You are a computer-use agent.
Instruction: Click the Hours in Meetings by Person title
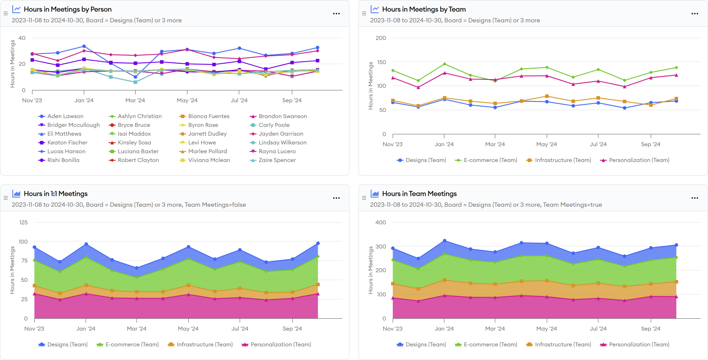pos(68,9)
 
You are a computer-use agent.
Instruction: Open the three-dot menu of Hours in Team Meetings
pos(694,198)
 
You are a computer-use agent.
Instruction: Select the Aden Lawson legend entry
pos(65,116)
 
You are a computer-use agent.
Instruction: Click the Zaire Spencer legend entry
pos(277,160)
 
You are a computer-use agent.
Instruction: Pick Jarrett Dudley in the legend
pos(207,134)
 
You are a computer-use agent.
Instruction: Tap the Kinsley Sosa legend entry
pos(134,143)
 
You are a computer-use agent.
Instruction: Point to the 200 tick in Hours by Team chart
pos(381,38)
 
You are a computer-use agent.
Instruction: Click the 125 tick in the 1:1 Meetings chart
pos(23,223)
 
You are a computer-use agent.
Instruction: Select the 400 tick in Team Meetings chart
pos(381,223)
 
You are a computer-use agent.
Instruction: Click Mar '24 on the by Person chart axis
pos(135,101)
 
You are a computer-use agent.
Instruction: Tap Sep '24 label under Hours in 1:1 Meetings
pos(292,329)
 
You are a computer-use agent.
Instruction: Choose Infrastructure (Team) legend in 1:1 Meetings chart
pos(204,345)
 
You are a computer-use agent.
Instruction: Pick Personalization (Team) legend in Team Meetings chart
pos(639,345)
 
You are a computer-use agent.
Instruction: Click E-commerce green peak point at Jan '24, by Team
pos(445,64)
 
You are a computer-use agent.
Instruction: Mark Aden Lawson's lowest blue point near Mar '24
pos(136,77)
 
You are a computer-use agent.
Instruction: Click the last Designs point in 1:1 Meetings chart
pos(318,243)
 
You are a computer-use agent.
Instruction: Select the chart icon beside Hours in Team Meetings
pos(375,194)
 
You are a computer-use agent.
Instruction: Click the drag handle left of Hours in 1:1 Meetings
pos(6,198)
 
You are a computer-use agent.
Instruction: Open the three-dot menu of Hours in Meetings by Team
pos(694,14)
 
